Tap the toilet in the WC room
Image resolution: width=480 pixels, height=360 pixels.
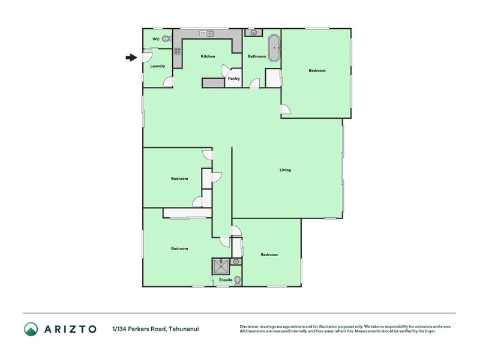(166, 38)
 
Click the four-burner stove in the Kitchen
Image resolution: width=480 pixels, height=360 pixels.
(178, 51)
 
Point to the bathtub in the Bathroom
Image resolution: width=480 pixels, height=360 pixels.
(274, 47)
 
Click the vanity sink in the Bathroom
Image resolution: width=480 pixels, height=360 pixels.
(254, 32)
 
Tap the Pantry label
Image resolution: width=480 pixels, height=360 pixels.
(233, 79)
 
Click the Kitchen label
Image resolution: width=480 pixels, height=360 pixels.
(208, 56)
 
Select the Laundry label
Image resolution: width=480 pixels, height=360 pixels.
(157, 66)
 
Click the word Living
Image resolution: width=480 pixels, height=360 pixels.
(285, 170)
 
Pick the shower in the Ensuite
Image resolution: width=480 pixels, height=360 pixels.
(221, 266)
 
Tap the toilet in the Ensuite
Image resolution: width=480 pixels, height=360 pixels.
(238, 280)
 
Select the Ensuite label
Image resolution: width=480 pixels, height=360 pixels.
(226, 280)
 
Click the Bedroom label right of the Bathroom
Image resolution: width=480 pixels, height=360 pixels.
(317, 71)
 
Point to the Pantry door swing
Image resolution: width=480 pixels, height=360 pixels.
(227, 69)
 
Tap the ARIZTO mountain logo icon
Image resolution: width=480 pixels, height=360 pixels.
(31, 329)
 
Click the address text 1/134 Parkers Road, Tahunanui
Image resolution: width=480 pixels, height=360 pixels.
(155, 329)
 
